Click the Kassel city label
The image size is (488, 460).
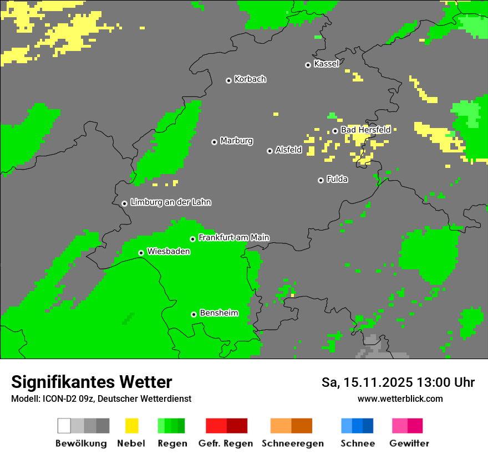point(326,64)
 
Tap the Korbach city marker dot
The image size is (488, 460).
point(228,80)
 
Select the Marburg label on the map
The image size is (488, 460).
point(236,141)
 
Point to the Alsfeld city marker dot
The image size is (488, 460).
point(270,151)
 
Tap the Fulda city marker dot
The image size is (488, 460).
point(321,180)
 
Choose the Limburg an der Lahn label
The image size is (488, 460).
point(170,202)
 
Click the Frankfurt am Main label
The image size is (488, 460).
point(233,238)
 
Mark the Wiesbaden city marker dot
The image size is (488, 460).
point(141,253)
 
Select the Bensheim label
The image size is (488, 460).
point(218,313)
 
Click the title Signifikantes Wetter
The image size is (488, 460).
point(91,382)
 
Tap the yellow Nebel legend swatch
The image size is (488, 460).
point(131,426)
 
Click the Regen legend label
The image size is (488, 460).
point(171,443)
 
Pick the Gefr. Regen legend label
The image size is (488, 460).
point(226,443)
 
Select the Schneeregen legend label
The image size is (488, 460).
point(292,443)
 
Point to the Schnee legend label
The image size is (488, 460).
point(357,443)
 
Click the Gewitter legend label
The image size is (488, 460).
point(409,443)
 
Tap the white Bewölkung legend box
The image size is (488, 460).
point(64,426)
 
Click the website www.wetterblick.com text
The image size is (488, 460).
point(400,399)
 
